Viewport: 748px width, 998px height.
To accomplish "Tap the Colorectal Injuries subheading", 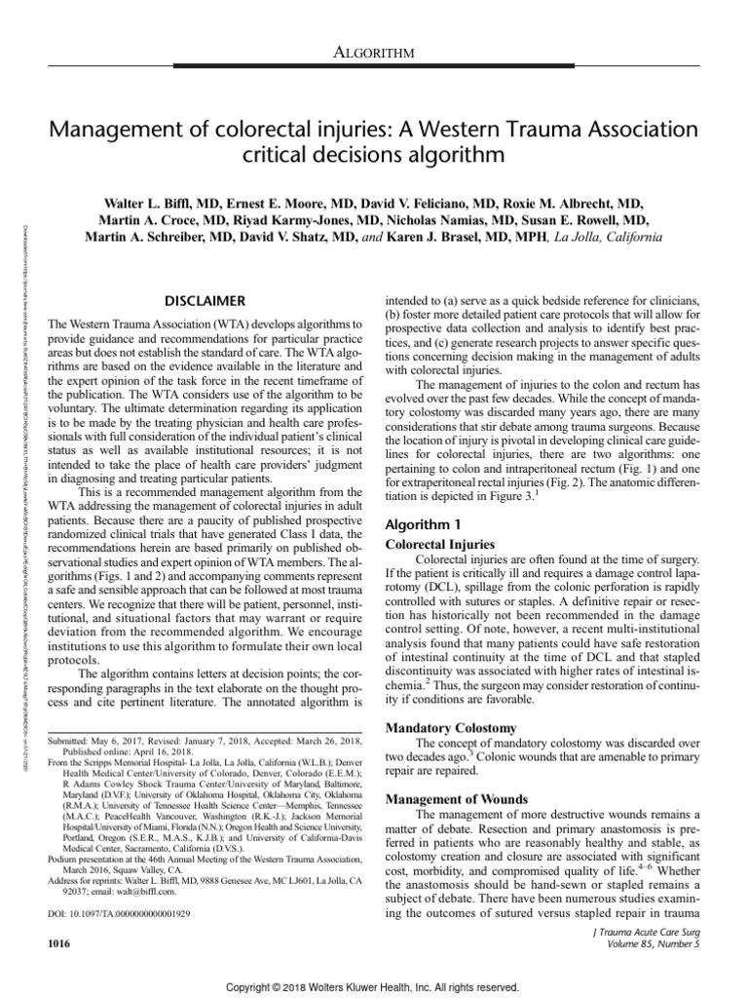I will [x=441, y=544].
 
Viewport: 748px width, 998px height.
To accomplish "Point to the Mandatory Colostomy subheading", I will [x=453, y=727].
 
